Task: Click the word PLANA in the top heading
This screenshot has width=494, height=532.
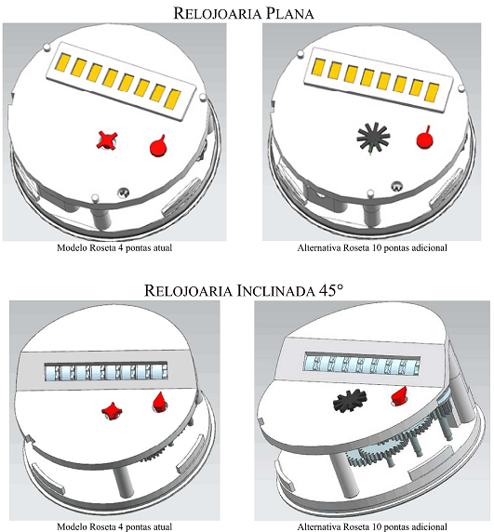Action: coord(289,14)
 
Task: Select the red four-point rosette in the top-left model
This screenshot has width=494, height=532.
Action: coord(107,140)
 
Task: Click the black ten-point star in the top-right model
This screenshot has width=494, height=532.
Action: coord(373,137)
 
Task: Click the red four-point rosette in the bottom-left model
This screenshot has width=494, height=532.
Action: coord(112,411)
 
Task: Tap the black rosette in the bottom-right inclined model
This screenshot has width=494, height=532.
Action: coord(350,401)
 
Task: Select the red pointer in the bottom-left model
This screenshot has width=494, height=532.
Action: coord(160,402)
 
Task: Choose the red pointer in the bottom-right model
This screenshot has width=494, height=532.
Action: coord(400,395)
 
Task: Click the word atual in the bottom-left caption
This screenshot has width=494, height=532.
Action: coord(163,526)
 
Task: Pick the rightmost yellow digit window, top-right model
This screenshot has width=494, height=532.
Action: coord(432,92)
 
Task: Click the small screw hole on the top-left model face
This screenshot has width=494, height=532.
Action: coord(123,193)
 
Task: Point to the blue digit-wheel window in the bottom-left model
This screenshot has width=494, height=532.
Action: coord(106,371)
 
